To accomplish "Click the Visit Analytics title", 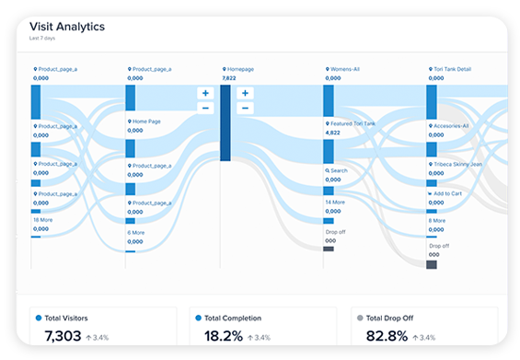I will [x=67, y=27].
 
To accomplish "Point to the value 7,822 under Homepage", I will [x=229, y=78].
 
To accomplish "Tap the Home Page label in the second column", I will [x=146, y=121].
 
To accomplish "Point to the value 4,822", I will [x=333, y=133].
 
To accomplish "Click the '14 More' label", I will [x=335, y=202].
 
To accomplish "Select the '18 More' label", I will [x=42, y=220].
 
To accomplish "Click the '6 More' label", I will [x=137, y=233].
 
